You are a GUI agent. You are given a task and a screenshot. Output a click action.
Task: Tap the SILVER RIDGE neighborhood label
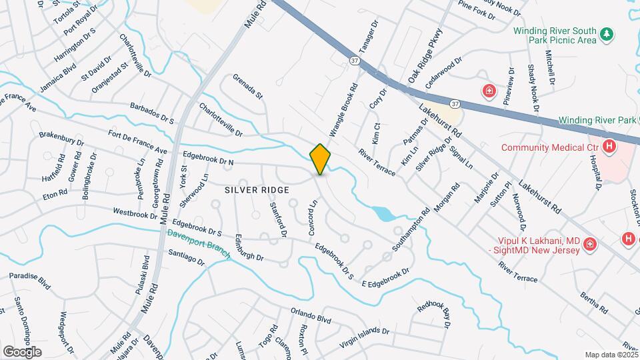[x=257, y=190]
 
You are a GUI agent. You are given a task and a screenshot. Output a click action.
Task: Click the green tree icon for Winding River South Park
[x=606, y=33]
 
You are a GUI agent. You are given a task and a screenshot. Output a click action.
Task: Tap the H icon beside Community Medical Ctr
[x=608, y=147]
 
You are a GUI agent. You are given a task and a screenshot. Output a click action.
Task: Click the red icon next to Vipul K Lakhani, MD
[x=589, y=245]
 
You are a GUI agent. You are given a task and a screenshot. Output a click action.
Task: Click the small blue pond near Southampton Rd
[x=383, y=213]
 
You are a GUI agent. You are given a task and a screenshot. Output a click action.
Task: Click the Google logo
[x=22, y=351]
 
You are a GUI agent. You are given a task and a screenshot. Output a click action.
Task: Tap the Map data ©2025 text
[x=611, y=355]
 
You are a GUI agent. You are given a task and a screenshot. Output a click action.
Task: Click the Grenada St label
[x=248, y=85]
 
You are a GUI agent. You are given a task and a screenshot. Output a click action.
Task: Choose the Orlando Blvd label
[x=311, y=315]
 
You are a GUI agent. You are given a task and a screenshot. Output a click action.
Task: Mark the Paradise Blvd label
[x=30, y=280]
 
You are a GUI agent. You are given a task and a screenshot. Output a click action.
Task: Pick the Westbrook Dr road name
[x=135, y=214]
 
